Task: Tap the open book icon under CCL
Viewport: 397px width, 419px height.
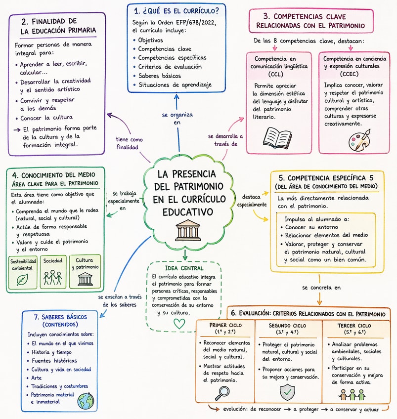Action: coord(278,136)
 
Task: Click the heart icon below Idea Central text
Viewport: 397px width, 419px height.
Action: coord(179,324)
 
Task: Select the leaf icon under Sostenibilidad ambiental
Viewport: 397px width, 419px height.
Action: coord(22,280)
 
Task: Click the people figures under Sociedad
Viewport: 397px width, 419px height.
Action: coord(52,278)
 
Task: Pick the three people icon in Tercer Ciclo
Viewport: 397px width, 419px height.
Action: coord(353,394)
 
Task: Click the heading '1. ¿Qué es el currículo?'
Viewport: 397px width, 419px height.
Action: coord(176,9)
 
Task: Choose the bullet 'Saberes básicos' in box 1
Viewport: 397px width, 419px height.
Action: coord(159,76)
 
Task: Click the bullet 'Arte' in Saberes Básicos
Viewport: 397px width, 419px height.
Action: coord(38,377)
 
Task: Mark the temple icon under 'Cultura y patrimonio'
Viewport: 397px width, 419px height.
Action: coord(85,280)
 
